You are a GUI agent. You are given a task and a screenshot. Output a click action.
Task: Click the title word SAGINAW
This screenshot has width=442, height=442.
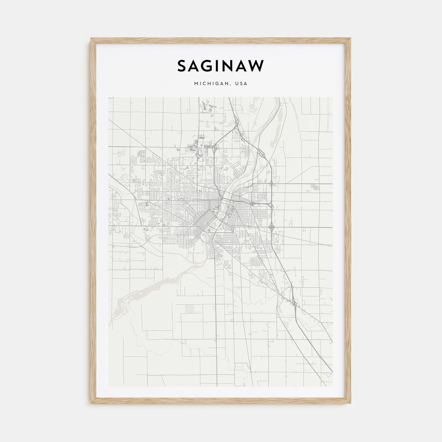[221, 66]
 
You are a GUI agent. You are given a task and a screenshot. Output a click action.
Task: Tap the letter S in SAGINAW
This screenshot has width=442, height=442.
[182, 66]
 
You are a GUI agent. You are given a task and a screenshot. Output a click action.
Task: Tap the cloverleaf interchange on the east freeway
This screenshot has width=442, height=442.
[272, 226]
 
